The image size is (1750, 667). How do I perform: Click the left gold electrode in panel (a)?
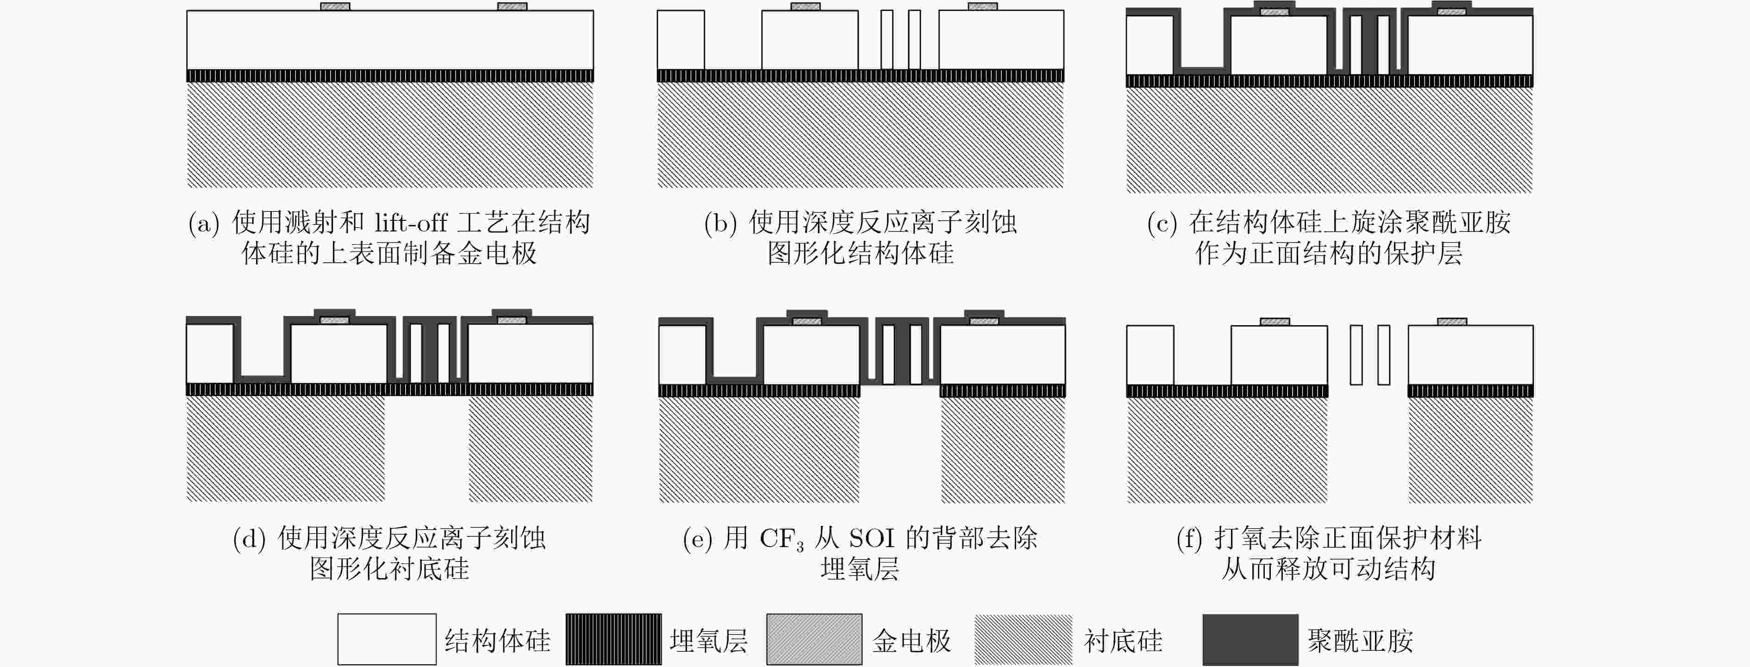pos(335,7)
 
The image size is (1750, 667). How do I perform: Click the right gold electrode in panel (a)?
pos(512,7)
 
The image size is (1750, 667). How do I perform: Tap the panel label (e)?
pos(698,539)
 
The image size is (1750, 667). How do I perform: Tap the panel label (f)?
pos(1190,539)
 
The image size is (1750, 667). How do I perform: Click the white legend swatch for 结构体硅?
pos(387,639)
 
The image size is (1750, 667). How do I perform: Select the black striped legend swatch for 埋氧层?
pos(613,639)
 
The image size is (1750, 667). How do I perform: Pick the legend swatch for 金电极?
pos(814,639)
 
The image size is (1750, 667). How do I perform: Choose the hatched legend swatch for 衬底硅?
pos(1023,639)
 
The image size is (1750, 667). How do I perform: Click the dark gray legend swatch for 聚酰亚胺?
pos(1250,639)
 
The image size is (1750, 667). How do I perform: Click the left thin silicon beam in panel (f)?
pos(1356,355)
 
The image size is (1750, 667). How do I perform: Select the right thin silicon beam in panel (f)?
pos(1384,355)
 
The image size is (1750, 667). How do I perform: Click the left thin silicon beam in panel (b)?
pos(887,39)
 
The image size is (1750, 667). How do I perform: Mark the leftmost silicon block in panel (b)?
pos(681,39)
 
